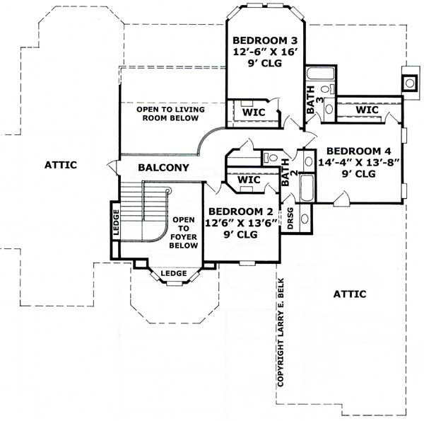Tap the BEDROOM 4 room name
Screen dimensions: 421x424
click(358, 151)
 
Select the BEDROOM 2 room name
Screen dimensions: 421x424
click(240, 212)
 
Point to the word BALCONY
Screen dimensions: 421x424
click(163, 168)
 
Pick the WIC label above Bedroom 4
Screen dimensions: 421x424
click(367, 110)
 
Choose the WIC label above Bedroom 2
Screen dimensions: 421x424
click(249, 180)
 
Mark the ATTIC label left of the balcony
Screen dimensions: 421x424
click(60, 164)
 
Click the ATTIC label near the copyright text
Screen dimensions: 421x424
click(349, 294)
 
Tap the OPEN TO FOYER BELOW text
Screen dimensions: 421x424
click(183, 232)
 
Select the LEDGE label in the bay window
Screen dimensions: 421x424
click(173, 273)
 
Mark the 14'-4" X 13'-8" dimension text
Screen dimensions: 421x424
click(358, 162)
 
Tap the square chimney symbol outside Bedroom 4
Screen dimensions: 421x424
click(409, 81)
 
